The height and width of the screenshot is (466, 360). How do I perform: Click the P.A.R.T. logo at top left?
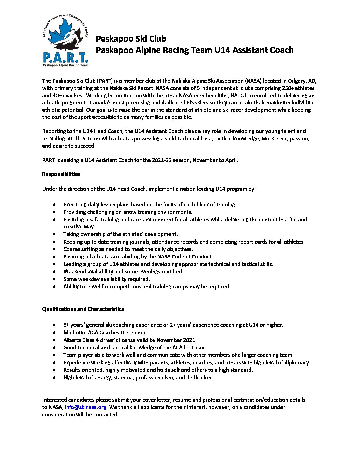[x=66, y=41]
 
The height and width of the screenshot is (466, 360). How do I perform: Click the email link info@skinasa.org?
[x=85, y=407]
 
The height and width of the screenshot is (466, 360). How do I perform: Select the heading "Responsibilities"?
[x=61, y=174]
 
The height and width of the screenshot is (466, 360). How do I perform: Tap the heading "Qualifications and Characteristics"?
[x=83, y=309]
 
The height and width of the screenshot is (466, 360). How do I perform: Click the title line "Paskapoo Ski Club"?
[x=131, y=39]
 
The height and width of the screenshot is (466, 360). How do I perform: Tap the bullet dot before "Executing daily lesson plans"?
[x=54, y=205]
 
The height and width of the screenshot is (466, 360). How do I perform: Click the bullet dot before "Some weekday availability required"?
[x=54, y=279]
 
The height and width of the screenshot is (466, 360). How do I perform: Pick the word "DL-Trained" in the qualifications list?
[x=134, y=332]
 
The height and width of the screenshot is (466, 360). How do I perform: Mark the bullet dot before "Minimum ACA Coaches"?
[x=54, y=332]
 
